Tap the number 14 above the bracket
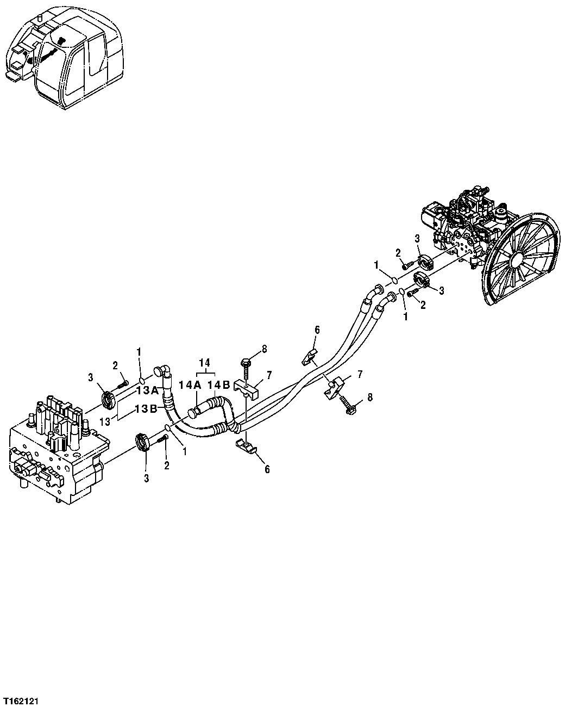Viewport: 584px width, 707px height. tap(204, 362)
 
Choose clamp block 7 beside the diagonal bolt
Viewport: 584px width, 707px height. tap(337, 386)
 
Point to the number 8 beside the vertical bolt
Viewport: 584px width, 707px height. tap(265, 349)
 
